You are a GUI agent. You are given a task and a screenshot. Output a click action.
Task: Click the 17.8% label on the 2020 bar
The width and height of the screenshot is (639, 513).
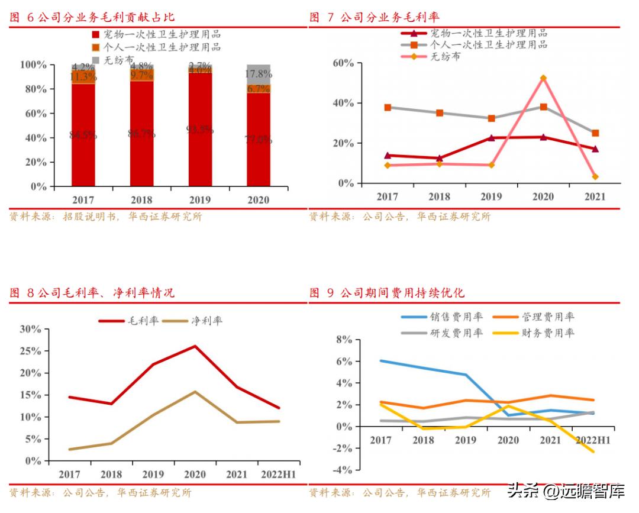pos(259,75)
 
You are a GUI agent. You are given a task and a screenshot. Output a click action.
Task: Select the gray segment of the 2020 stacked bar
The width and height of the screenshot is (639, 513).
pos(259,70)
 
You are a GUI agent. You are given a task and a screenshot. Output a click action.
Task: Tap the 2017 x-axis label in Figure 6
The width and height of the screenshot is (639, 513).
pos(83,199)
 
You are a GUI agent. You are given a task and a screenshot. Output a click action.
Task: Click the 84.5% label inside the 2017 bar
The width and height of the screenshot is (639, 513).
pos(83,135)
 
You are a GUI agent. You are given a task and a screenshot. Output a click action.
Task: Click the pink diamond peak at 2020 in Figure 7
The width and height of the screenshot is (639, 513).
pos(543,78)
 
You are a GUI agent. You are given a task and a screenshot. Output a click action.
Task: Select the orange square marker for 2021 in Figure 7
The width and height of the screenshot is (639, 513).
pos(595,133)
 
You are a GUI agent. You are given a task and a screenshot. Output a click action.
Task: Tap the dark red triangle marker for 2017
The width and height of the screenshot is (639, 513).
pos(388,156)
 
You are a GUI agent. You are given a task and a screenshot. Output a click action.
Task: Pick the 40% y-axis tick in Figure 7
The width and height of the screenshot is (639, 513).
pos(342,103)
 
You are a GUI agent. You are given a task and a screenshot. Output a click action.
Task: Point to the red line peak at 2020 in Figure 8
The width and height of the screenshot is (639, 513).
pos(195,346)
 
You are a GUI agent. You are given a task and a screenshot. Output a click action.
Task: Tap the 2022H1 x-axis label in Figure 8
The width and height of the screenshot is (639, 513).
pos(278,474)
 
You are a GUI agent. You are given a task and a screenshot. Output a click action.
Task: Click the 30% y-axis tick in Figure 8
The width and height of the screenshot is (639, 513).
pos(30,329)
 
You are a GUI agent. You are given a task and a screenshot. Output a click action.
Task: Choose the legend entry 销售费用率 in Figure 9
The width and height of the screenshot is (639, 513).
pos(453,318)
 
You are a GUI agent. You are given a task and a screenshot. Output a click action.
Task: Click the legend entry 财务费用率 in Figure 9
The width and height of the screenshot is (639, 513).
pos(548,333)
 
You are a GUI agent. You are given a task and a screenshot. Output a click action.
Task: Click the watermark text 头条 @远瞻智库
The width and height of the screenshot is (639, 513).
pos(566,491)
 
